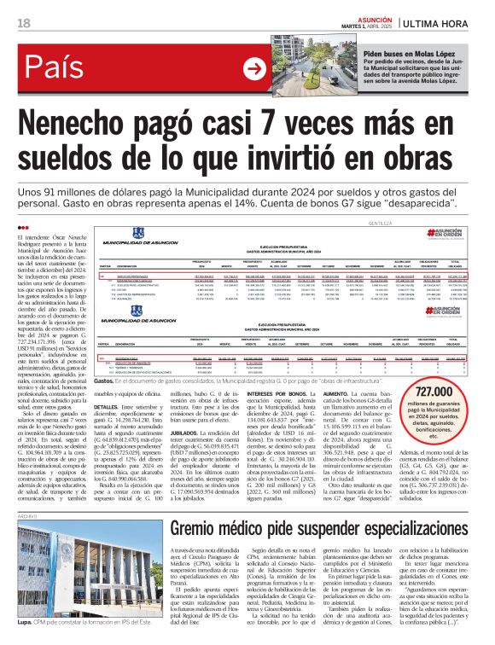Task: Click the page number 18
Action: [x=23, y=21]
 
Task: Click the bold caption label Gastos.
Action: [x=103, y=356]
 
